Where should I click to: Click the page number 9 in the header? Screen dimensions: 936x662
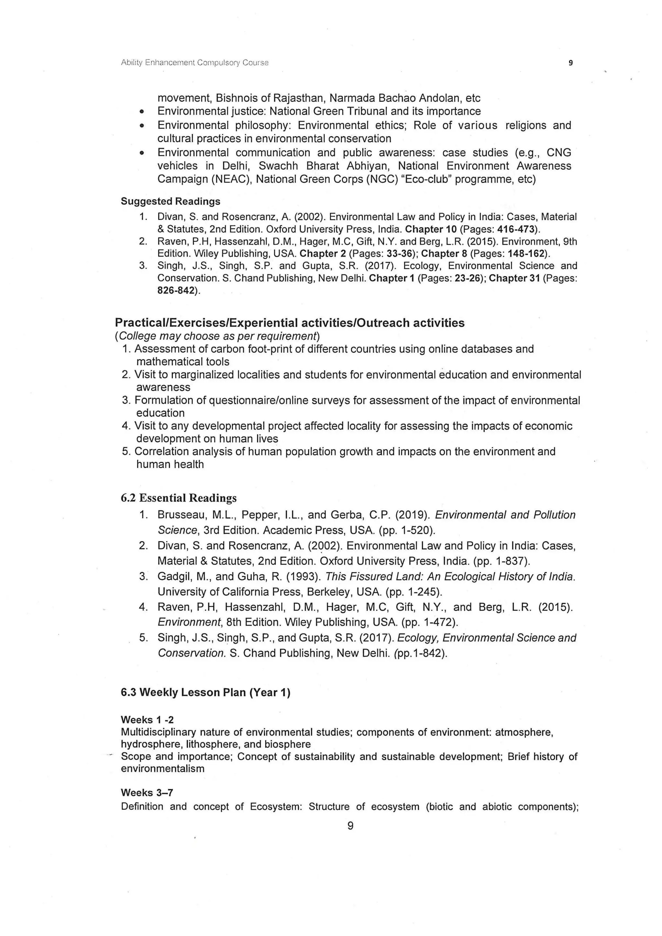[x=570, y=63]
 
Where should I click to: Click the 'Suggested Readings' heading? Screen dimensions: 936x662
[x=170, y=201]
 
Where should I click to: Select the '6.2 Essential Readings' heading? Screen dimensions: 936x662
[x=178, y=498]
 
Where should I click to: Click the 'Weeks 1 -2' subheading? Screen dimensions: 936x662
[x=147, y=720]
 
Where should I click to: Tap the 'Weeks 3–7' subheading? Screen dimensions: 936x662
[x=147, y=792]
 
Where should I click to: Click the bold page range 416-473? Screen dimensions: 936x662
[x=515, y=229]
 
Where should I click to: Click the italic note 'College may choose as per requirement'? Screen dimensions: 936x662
[x=217, y=336]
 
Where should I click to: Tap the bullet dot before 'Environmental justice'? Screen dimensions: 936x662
[x=142, y=112]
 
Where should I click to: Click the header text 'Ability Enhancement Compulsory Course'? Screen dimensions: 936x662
[x=195, y=63]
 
